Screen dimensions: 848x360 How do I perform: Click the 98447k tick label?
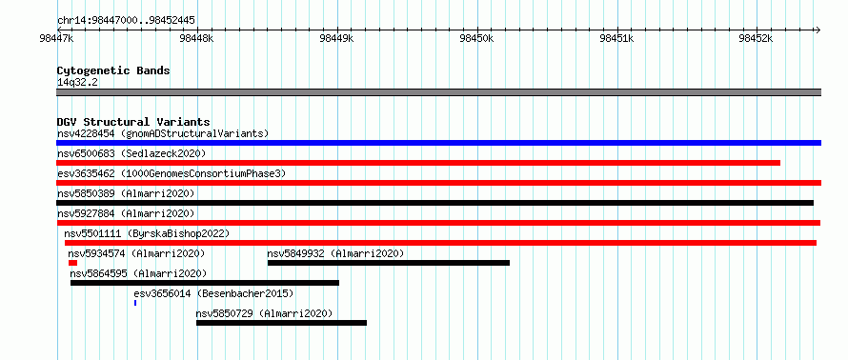pyautogui.click(x=57, y=39)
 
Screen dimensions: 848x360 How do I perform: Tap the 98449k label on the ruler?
pyautogui.click(x=337, y=39)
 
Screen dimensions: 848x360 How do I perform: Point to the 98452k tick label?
pyautogui.click(x=757, y=39)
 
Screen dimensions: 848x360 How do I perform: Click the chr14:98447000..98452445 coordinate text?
pyautogui.click(x=126, y=21)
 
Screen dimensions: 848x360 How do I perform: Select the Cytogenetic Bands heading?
pyautogui.click(x=113, y=70)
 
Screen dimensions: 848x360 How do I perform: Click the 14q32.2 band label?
pyautogui.click(x=77, y=83)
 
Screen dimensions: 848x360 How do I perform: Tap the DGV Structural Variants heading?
pyautogui.click(x=133, y=122)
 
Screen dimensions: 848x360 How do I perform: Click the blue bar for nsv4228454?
pyautogui.click(x=438, y=143)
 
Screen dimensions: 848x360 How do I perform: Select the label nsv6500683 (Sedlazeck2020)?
pyautogui.click(x=131, y=153)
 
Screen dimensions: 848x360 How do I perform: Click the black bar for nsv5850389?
pyautogui.click(x=434, y=203)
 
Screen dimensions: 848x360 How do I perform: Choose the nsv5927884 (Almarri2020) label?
pyautogui.click(x=126, y=213)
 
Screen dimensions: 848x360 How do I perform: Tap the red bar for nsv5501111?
pyautogui.click(x=440, y=243)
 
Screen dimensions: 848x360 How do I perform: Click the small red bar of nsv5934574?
pyautogui.click(x=72, y=263)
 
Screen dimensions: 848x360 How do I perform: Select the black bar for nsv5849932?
pyautogui.click(x=389, y=263)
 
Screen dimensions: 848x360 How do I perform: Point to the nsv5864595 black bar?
pyautogui.click(x=205, y=283)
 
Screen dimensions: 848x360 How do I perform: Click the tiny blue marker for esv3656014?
pyautogui.click(x=135, y=303)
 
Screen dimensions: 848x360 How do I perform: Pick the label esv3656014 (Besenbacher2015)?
pyautogui.click(x=213, y=293)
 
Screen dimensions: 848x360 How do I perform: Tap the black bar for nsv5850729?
pyautogui.click(x=281, y=323)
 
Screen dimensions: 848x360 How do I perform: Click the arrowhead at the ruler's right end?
pyautogui.click(x=818, y=30)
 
